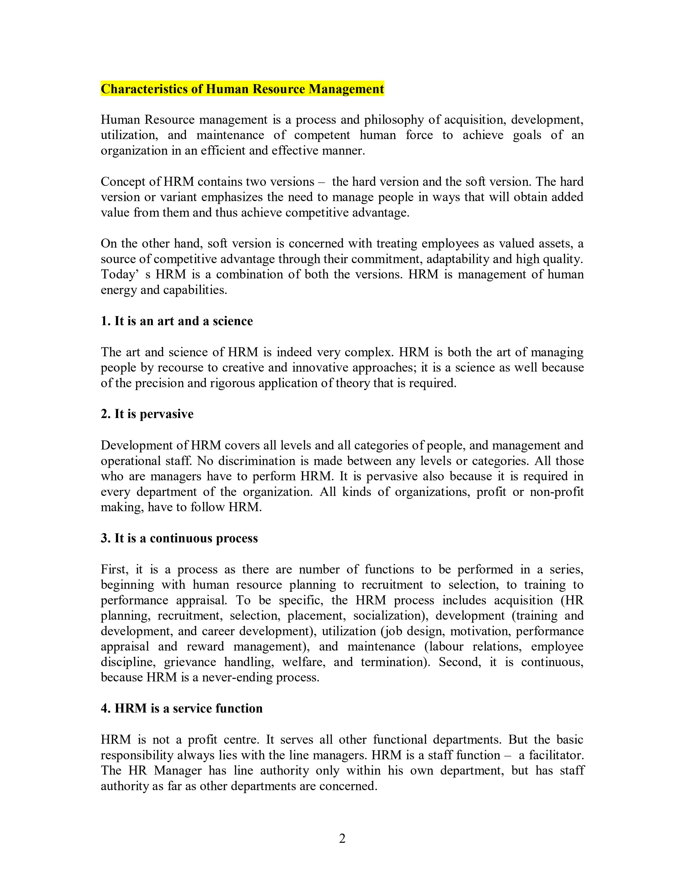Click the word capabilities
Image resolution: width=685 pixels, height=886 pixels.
pos(195,290)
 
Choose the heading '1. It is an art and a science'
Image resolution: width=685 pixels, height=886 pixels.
pos(176,321)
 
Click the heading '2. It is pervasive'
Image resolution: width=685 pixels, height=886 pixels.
pos(147,414)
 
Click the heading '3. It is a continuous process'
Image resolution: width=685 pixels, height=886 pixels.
pos(179,538)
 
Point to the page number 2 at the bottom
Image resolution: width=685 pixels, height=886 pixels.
pos(342,838)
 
